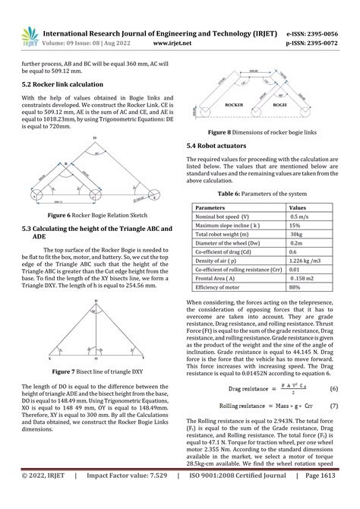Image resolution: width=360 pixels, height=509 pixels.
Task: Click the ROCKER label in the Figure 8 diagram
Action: point(235,104)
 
